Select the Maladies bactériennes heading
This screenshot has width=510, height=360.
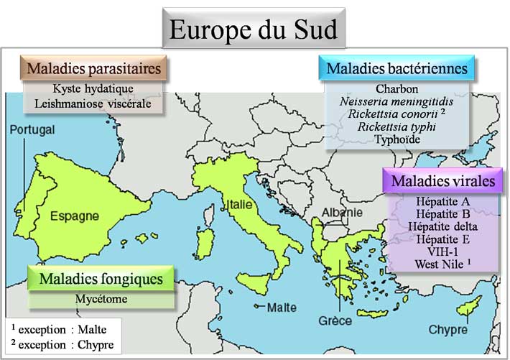(x=397, y=69)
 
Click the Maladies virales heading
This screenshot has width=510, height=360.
(x=442, y=181)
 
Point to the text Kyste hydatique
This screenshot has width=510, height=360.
(x=93, y=89)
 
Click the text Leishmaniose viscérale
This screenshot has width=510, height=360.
(x=93, y=103)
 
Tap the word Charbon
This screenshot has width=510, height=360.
(x=397, y=89)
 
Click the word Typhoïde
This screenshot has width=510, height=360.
(x=397, y=139)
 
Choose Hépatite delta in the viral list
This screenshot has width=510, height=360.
(x=442, y=227)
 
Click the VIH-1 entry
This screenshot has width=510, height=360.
(x=442, y=252)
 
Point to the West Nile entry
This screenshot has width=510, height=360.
(x=442, y=264)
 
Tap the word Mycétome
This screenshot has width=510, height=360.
(x=101, y=297)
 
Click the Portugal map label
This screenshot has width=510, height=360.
(x=32, y=130)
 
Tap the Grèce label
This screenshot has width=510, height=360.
(x=335, y=320)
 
